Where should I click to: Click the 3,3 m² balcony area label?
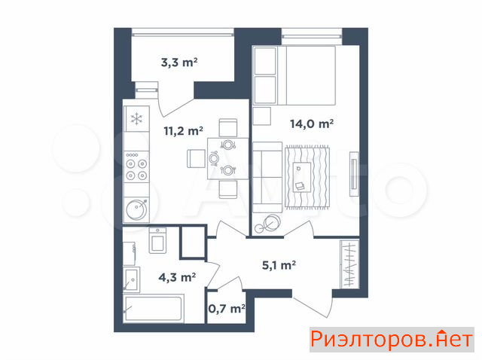click(x=179, y=63)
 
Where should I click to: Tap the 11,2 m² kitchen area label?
click(x=183, y=131)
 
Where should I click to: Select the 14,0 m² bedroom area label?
click(x=312, y=124)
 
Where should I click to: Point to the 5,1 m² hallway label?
click(x=279, y=265)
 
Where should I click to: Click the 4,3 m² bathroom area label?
click(x=177, y=277)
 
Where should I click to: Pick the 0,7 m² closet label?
click(x=227, y=308)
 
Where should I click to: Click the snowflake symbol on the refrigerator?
click(x=136, y=119)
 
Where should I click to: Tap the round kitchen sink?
click(x=137, y=209)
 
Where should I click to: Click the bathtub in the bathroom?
click(x=154, y=308)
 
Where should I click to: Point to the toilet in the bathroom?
click(x=157, y=240)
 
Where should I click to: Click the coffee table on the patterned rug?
click(x=302, y=177)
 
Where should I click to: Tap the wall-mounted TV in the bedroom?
click(x=354, y=174)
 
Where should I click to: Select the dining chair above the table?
click(x=228, y=128)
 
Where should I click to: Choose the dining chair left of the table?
click(x=196, y=159)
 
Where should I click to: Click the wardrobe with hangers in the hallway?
click(x=349, y=264)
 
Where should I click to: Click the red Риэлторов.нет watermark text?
click(x=392, y=340)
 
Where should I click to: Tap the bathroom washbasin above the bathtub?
click(x=132, y=279)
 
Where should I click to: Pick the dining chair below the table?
click(x=228, y=189)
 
